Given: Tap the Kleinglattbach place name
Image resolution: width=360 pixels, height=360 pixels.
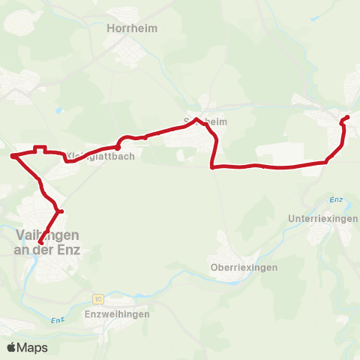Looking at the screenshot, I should tap(91, 156).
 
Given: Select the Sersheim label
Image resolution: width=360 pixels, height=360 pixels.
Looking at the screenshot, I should tap(205, 121).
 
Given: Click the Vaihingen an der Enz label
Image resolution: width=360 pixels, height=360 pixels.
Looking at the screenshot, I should tap(46, 241).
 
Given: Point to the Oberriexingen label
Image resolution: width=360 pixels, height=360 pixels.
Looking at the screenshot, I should tap(244, 267).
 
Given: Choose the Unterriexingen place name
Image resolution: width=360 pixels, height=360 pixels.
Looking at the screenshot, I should tap(323, 218).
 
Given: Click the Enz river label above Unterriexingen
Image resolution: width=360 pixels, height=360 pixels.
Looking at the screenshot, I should tap(335, 200).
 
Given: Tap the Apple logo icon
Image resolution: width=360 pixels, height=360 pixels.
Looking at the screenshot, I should tap(12, 347).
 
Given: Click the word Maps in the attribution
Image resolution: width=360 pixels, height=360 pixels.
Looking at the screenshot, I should tap(32, 347).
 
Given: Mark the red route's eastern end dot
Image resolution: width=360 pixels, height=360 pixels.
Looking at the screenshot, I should tap(346, 117).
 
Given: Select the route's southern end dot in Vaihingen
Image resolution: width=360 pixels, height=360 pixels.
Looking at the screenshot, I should tap(41, 241).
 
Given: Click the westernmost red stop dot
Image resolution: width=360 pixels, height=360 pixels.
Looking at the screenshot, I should tap(13, 156).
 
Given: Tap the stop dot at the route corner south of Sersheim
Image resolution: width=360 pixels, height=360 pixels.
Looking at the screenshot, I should tap(213, 167).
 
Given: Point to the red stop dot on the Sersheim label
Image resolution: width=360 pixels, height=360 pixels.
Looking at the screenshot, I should tap(196, 119).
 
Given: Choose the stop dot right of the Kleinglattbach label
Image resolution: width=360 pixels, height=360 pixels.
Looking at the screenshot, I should tap(118, 147).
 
